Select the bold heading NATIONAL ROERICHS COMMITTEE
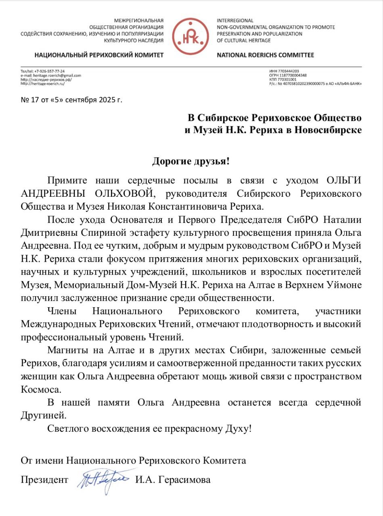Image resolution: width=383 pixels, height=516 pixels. pyautogui.click(x=265, y=55)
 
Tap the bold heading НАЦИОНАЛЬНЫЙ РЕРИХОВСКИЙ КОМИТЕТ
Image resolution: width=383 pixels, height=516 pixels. pyautogui.click(x=99, y=55)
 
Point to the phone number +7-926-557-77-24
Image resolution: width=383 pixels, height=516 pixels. pyautogui.click(x=50, y=71)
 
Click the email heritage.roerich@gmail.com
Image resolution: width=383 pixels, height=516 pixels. pyautogui.click(x=56, y=75)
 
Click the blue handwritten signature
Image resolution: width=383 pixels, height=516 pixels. pyautogui.click(x=104, y=479)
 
